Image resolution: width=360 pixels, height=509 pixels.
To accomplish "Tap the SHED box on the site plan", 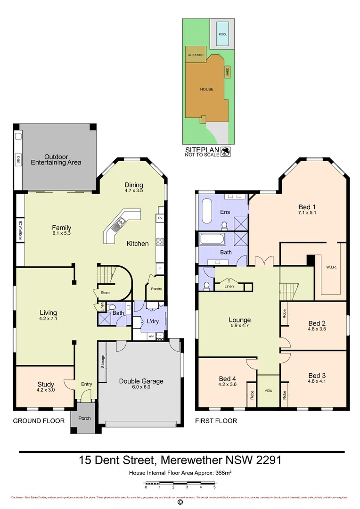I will pos(227,72).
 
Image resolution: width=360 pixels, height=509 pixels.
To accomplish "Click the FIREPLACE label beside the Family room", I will pos(20,230).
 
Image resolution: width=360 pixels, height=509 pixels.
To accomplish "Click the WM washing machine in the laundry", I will pos(151,336).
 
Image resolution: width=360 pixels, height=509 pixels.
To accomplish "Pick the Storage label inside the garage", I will pos(102,361).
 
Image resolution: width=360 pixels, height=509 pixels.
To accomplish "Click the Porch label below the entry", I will pos(84,418).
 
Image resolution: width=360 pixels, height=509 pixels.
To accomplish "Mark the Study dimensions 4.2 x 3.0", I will pos(46,390).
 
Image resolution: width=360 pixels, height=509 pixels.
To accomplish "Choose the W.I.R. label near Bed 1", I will pos(331,267).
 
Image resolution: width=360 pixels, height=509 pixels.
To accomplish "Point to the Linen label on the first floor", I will pos(229,286).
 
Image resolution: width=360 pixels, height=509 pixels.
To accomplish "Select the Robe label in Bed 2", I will pos(284,313).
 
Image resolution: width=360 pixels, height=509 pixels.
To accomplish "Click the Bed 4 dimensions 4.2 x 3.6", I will pos(227,385).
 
